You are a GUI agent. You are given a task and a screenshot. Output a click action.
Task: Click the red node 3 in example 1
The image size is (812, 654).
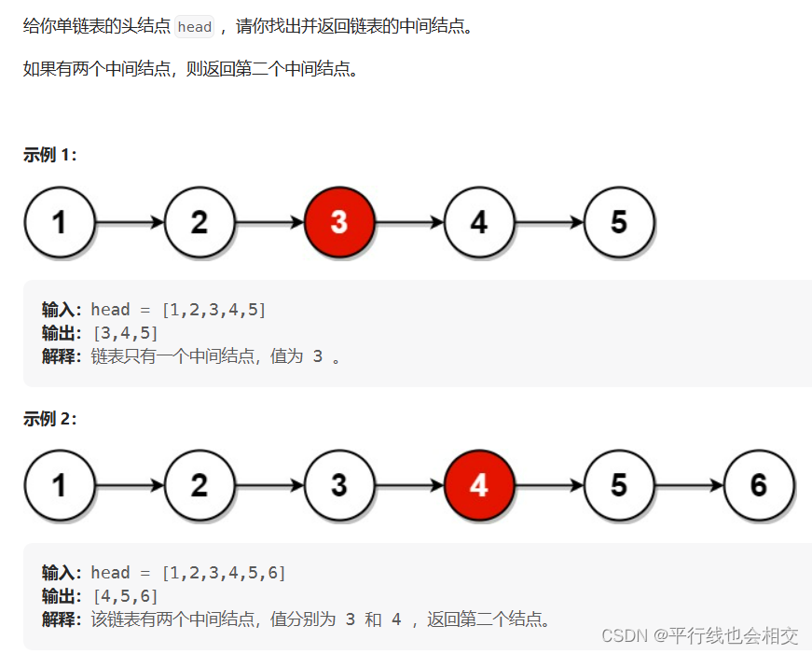tap(339, 223)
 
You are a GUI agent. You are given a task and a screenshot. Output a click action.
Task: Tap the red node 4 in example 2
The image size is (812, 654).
tap(479, 485)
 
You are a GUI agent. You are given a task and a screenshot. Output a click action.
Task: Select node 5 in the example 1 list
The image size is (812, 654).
tap(619, 223)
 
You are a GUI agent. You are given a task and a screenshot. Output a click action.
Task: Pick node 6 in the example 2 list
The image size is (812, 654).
tap(759, 485)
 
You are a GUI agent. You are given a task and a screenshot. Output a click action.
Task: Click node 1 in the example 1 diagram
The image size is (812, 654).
tap(60, 223)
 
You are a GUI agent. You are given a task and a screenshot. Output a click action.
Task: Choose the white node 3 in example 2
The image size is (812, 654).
tap(339, 485)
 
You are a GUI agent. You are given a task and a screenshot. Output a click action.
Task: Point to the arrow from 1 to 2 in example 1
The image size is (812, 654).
tap(130, 223)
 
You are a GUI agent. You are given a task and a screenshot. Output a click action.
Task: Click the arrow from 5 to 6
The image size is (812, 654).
tap(689, 485)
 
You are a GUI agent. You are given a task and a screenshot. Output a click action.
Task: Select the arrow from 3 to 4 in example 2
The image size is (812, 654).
tap(409, 485)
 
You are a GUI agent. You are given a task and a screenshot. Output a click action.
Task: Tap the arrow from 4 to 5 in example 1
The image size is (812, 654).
tap(549, 223)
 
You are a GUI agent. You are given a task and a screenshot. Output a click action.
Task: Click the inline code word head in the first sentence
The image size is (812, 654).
tap(195, 27)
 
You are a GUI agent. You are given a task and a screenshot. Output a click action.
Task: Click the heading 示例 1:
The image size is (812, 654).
tap(50, 156)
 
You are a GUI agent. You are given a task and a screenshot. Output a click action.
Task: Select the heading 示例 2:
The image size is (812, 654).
tap(50, 419)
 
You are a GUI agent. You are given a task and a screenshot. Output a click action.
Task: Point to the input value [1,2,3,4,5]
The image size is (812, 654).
tap(213, 310)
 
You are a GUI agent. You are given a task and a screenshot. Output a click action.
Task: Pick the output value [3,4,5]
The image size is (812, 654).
tap(125, 333)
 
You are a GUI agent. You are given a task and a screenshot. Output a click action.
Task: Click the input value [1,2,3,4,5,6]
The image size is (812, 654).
tap(224, 573)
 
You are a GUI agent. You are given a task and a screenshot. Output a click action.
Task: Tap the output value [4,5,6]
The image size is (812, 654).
tap(125, 596)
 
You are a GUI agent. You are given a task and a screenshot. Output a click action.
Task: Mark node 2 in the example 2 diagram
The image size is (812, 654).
tap(200, 485)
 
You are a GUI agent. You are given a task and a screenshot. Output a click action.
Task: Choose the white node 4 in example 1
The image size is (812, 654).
tap(479, 223)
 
